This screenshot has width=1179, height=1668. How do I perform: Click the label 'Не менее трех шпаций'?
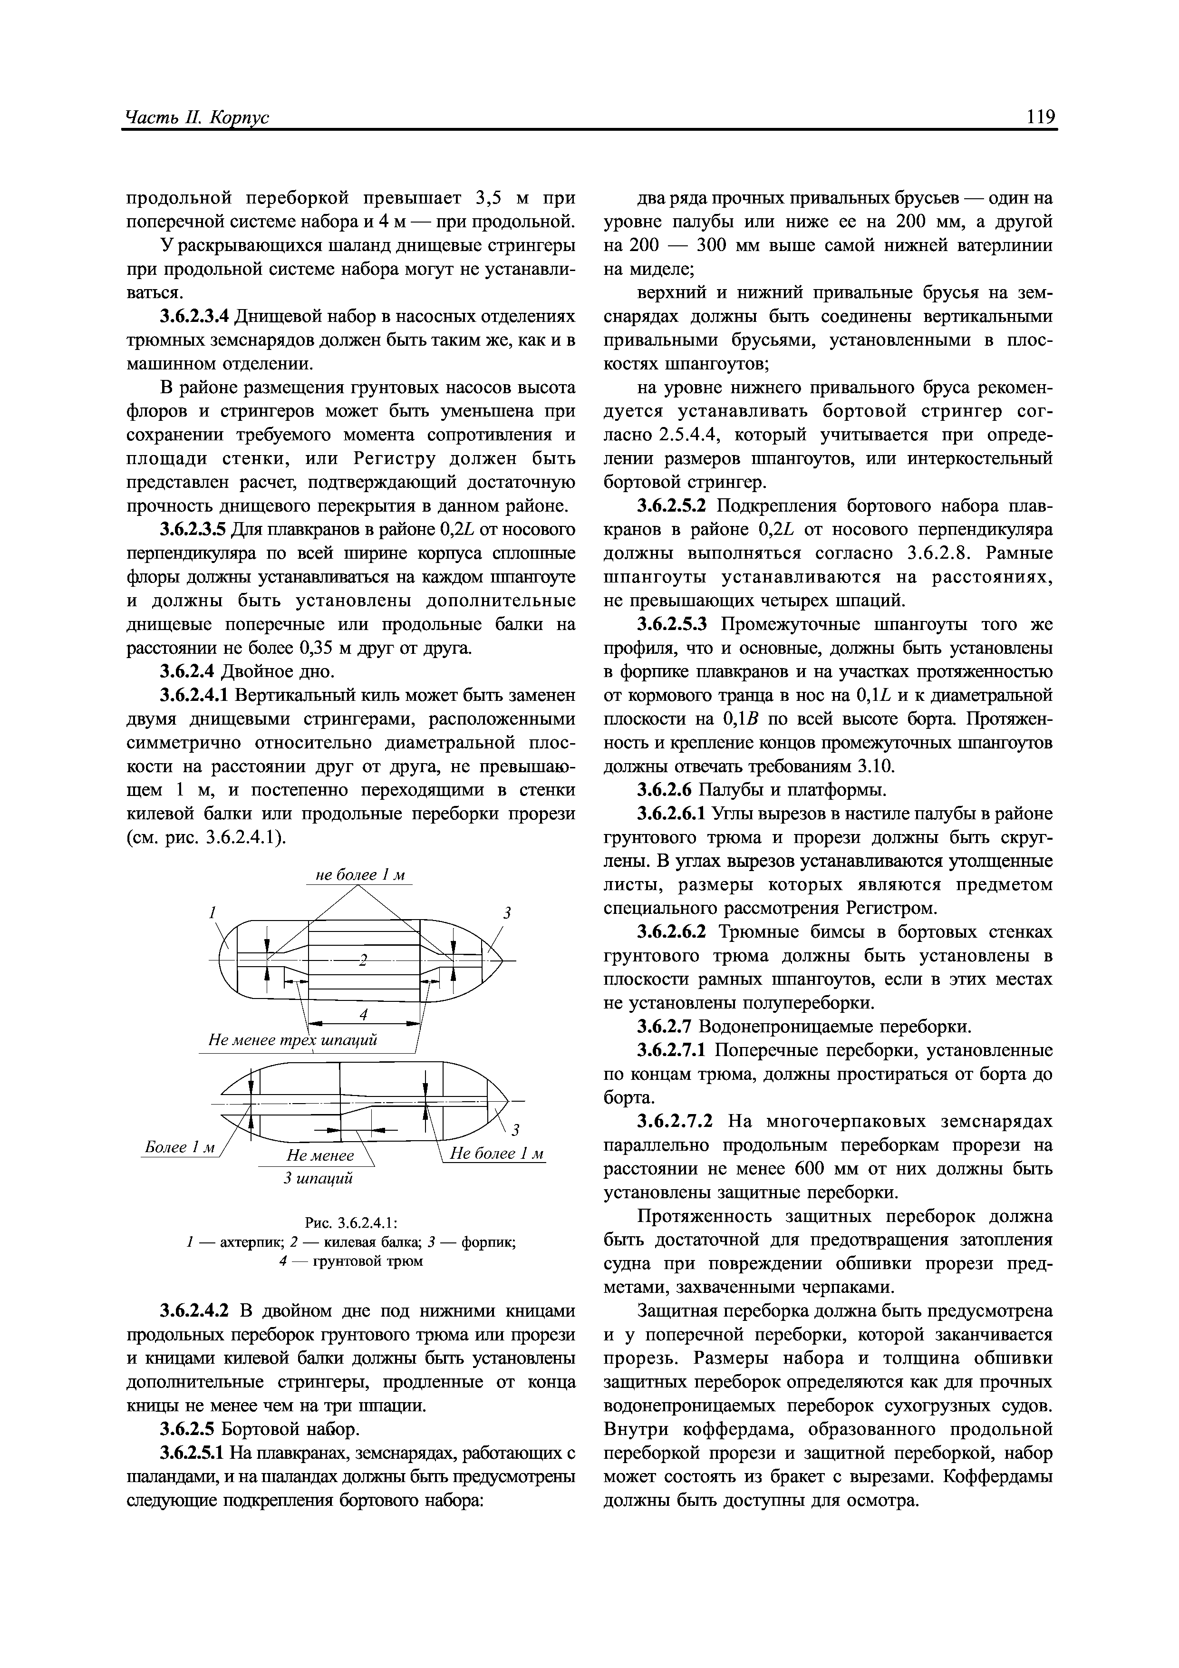[x=293, y=1040]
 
